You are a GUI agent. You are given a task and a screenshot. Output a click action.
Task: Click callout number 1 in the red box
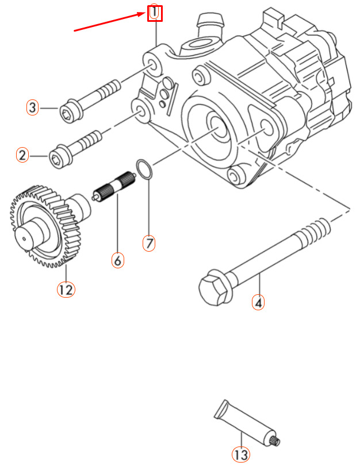[x=155, y=13]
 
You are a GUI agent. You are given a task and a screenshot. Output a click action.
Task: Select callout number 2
[x=22, y=155]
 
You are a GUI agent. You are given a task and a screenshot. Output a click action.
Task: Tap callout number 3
[x=33, y=107]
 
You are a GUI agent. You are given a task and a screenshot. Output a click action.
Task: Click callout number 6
[x=117, y=260]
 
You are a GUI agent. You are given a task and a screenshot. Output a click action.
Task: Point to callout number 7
[x=149, y=243]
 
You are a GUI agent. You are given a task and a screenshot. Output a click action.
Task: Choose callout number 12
[x=66, y=289]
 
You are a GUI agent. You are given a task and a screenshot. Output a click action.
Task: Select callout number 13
[x=241, y=455]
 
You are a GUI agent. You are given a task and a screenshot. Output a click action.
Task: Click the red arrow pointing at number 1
[x=109, y=22]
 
